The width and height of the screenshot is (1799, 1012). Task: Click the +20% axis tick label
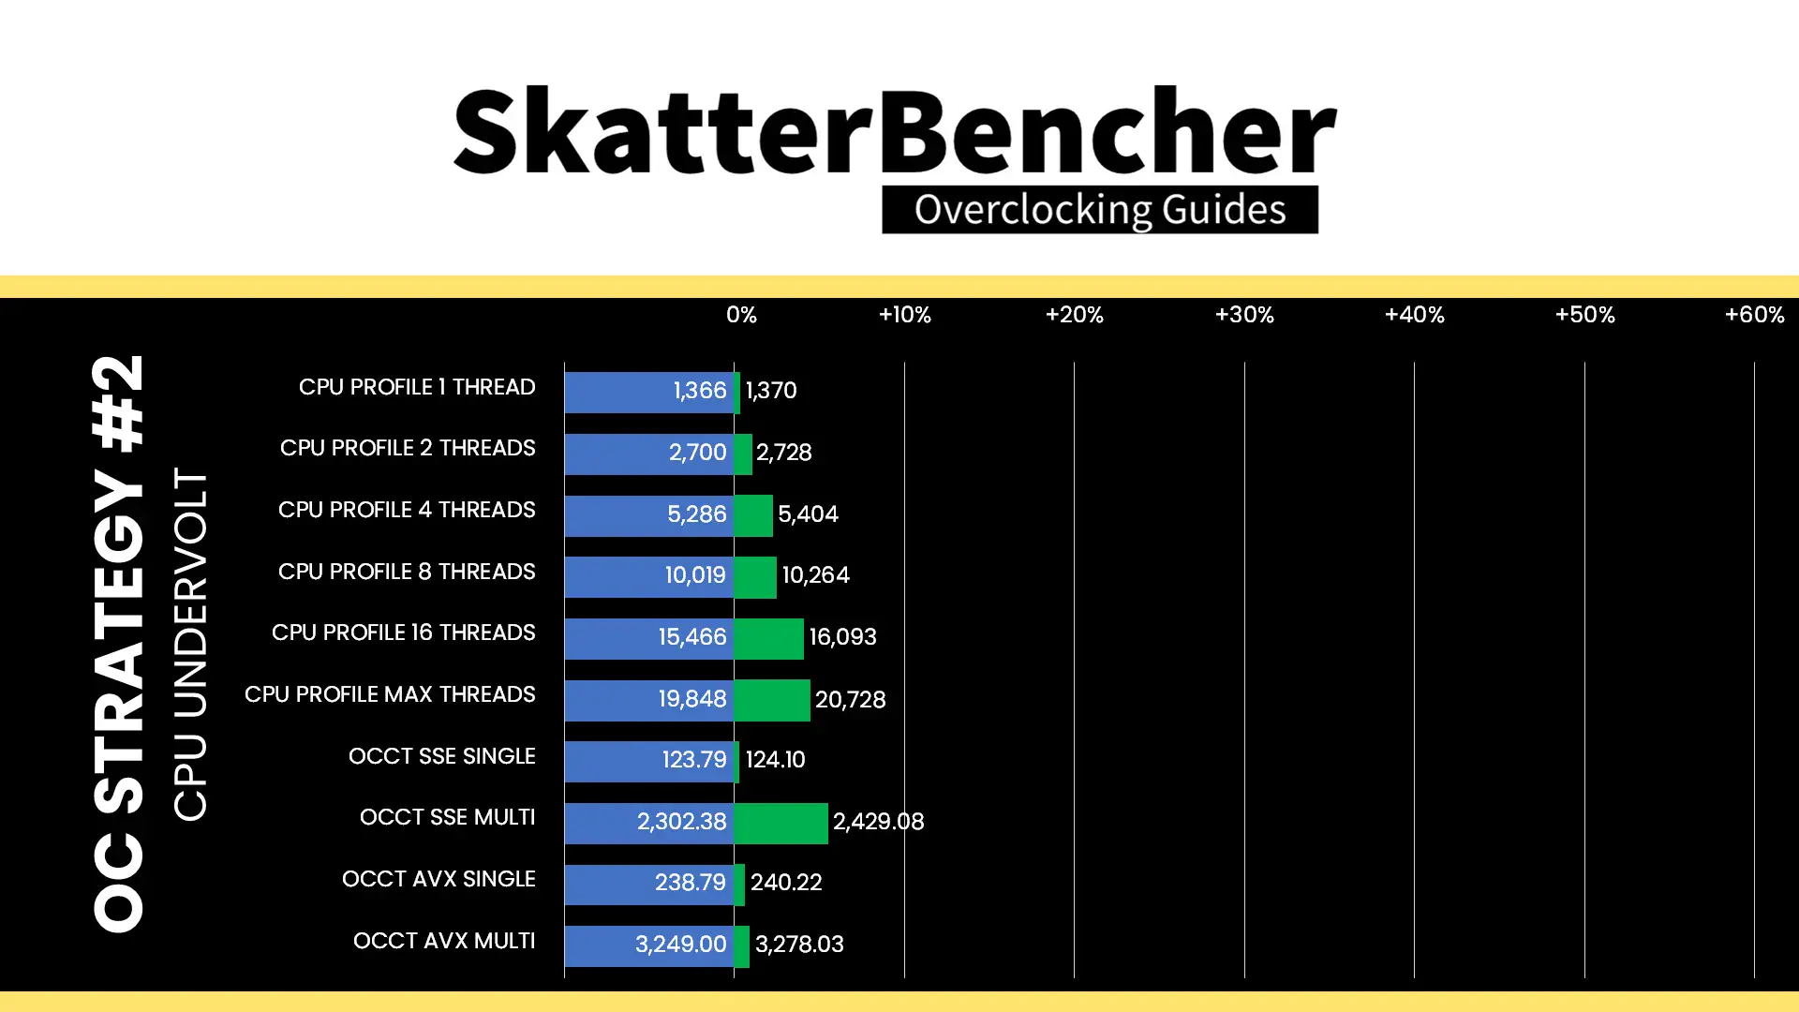coord(1074,315)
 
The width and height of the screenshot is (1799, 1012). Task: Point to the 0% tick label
coord(741,315)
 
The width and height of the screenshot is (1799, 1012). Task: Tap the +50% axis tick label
coord(1584,315)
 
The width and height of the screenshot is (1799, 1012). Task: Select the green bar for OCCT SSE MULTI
coord(781,823)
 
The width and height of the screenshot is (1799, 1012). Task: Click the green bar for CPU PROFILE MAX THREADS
coord(772,700)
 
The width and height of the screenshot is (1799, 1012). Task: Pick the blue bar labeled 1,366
coord(649,392)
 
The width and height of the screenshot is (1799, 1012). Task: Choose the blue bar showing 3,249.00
coord(649,945)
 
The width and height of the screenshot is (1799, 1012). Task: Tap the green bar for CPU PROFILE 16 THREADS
coord(768,638)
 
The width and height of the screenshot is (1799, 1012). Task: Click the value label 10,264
coord(815,575)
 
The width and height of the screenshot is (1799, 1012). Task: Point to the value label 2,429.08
coord(878,822)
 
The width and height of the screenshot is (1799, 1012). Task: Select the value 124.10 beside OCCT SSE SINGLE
coord(775,760)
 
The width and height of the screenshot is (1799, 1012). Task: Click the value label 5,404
coord(808,514)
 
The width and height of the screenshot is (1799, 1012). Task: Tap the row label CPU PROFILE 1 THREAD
coord(417,387)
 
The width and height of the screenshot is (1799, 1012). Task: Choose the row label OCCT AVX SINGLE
coord(439,879)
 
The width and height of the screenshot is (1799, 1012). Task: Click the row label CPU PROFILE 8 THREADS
coord(407,572)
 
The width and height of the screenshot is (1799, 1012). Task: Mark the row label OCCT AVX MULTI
coord(444,941)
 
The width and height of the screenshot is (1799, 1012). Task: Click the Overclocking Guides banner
coord(1100,209)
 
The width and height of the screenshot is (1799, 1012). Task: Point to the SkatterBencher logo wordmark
coord(895,131)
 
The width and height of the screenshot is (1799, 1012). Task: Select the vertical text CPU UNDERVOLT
coord(190,645)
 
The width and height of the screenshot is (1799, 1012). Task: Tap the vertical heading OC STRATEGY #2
coord(119,643)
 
